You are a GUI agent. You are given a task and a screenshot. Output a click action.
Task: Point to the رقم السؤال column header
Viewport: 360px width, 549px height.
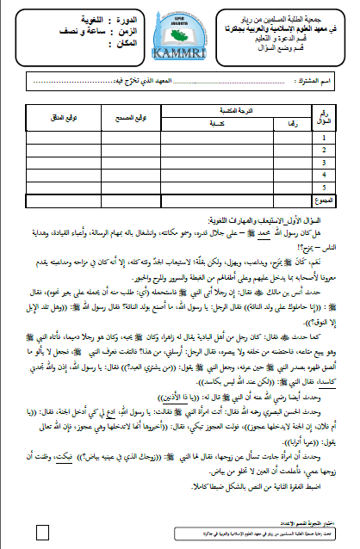pos(322,117)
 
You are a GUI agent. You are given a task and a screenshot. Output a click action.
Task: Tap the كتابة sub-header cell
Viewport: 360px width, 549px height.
pos(204,123)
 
